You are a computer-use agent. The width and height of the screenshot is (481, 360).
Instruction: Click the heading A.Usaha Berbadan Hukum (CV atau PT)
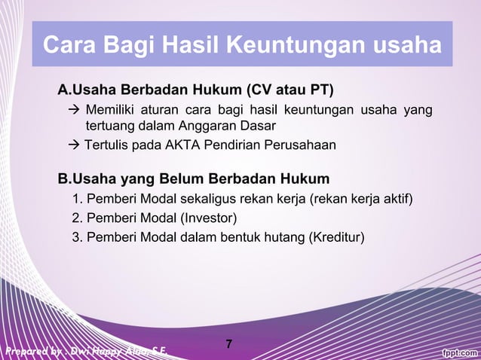tap(196, 91)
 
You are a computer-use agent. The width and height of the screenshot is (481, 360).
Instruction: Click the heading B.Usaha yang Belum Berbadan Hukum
tap(194, 179)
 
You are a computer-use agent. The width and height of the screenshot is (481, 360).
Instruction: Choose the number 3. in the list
tap(78, 238)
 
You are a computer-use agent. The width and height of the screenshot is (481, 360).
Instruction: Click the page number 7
tap(229, 345)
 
